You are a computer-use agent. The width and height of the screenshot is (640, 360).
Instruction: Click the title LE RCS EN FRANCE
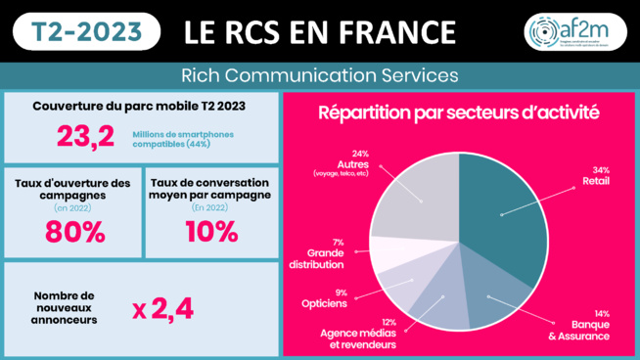pyautogui.click(x=321, y=32)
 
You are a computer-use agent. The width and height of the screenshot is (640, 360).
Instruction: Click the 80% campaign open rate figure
pyautogui.click(x=72, y=232)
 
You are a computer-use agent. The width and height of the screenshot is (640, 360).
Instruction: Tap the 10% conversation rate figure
pyautogui.click(x=209, y=232)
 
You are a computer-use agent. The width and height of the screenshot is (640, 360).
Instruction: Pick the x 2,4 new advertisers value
pyautogui.click(x=162, y=308)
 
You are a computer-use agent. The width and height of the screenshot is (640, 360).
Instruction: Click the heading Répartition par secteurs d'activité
pyautogui.click(x=459, y=112)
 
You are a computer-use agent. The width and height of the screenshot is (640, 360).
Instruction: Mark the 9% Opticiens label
pyautogui.click(x=320, y=298)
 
